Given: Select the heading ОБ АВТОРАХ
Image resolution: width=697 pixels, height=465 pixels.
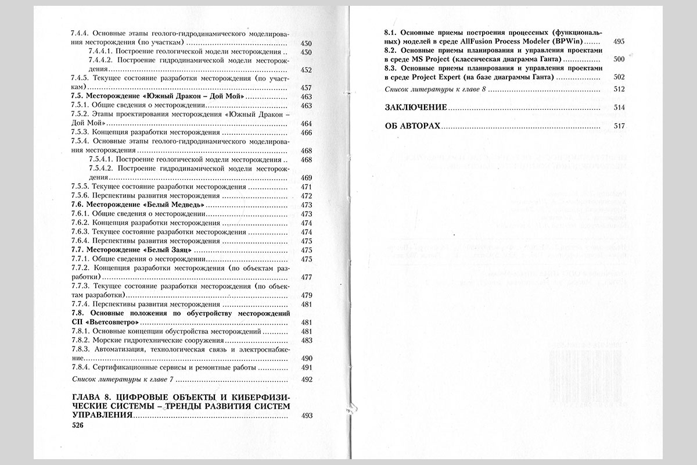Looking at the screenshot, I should coord(413,126).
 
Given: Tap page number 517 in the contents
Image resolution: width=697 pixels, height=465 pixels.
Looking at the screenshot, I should coord(619,126).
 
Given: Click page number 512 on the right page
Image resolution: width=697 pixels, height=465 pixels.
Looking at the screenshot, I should coord(619,89).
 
